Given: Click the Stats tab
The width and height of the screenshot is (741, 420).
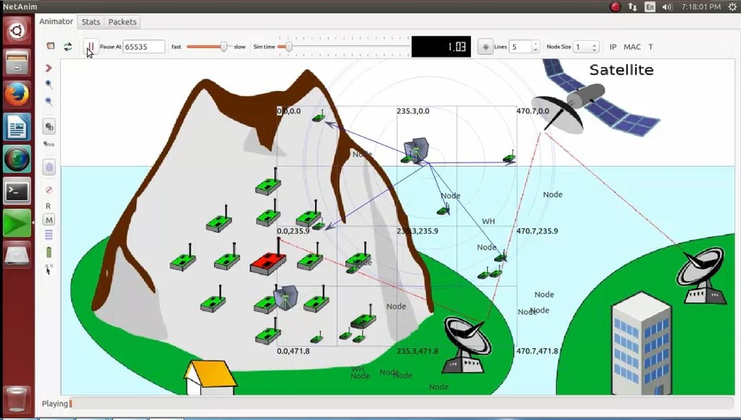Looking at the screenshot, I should (90, 22).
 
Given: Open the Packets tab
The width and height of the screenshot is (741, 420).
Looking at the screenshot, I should (122, 22).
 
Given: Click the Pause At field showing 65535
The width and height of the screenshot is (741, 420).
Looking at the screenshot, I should (143, 47).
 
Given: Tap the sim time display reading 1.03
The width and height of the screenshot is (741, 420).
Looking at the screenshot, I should (441, 47).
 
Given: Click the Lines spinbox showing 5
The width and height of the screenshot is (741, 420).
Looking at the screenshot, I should (521, 47).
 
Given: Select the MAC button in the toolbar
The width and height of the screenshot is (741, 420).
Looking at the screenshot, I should (632, 47).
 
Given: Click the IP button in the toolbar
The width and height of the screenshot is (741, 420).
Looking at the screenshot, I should (613, 47).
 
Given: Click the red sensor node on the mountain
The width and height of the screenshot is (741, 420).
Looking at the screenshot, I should (268, 262).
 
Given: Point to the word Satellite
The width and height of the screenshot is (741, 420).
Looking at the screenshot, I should (621, 70).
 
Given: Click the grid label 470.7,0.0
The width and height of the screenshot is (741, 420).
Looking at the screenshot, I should (533, 111).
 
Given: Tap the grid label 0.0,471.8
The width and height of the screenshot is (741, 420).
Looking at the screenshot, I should (293, 351).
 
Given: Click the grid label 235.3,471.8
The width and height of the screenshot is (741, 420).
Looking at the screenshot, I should (417, 351).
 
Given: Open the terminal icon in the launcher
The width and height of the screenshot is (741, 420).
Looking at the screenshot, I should (17, 192).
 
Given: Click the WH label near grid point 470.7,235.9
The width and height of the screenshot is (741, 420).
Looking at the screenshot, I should (488, 222).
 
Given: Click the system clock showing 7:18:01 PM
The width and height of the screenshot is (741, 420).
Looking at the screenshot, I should (701, 6).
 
